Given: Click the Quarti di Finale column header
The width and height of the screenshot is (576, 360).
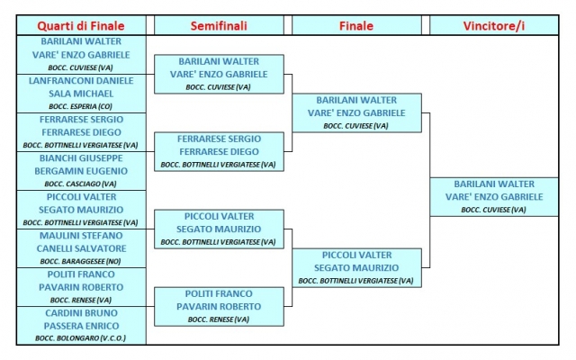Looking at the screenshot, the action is [81, 26].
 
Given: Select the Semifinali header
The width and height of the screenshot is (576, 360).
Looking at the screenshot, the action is [219, 26].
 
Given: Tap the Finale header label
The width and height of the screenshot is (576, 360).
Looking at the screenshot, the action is [356, 26].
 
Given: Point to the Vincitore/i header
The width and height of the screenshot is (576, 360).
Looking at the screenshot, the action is [494, 26].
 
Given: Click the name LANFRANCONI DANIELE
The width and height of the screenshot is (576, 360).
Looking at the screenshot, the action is [81, 81].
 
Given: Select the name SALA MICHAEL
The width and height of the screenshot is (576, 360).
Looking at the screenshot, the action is [81, 94].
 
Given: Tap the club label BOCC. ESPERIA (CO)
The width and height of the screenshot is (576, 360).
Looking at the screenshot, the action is [80, 106].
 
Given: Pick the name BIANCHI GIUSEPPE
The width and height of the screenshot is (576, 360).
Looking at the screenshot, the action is [81, 158].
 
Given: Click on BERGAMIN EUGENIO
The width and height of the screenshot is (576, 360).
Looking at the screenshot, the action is [81, 171].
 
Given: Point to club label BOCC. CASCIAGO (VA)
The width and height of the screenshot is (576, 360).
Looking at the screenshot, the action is [80, 184].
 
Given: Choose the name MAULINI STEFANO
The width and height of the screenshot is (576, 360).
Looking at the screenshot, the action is [81, 236].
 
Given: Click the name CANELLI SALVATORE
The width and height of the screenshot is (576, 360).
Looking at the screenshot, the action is [81, 248].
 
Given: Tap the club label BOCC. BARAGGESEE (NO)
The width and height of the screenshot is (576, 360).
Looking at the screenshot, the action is [80, 262].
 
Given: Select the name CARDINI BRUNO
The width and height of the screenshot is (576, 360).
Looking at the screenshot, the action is [81, 313].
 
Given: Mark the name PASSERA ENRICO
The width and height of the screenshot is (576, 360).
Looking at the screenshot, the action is [81, 326].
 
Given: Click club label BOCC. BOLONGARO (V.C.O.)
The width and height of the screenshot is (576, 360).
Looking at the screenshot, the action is [80, 338].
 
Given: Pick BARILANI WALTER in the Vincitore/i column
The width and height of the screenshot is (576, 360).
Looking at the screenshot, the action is [494, 184].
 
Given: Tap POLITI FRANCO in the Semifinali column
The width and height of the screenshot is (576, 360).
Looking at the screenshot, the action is [219, 294].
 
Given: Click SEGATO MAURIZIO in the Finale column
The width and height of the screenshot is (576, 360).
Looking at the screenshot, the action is [356, 268].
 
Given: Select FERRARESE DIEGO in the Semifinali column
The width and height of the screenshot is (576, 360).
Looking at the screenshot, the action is [219, 152].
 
